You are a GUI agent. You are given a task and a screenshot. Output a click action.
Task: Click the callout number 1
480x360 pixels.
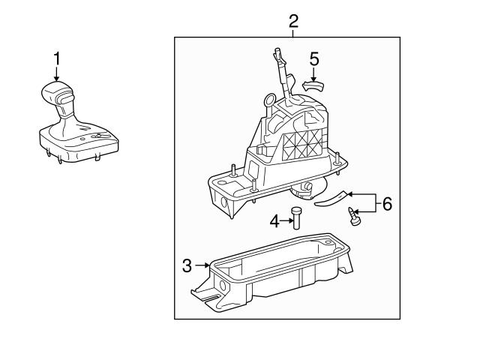[x=55, y=58]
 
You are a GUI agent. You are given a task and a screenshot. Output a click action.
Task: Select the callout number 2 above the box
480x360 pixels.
[x=294, y=20]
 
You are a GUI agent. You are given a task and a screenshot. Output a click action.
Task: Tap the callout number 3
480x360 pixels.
[x=187, y=265]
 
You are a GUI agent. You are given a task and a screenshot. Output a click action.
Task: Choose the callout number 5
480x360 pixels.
[x=314, y=58]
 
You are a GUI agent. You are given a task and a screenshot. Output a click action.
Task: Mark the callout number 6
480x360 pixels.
[x=387, y=204]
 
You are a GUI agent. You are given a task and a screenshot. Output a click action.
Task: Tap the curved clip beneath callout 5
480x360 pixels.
[x=313, y=86]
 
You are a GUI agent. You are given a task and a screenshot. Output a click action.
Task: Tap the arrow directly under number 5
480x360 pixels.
[x=314, y=74]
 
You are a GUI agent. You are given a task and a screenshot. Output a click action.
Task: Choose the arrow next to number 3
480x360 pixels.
[x=202, y=265]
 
